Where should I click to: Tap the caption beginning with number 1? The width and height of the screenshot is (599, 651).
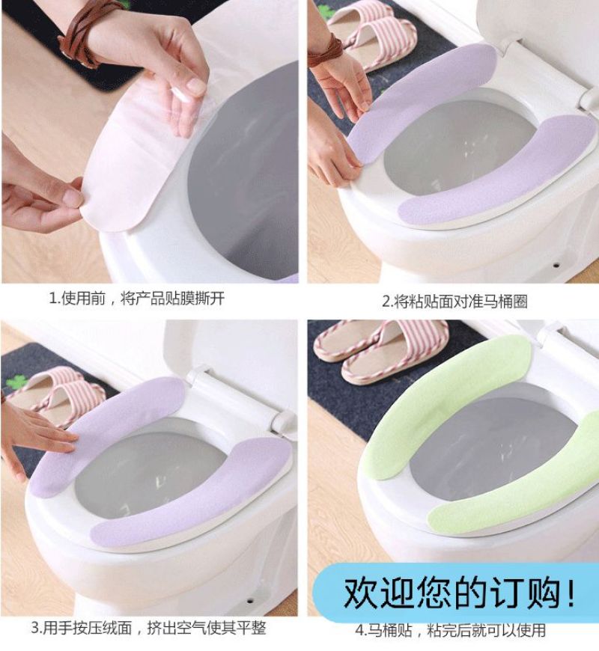(x=137, y=298)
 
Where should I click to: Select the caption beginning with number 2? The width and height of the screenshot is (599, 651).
(x=454, y=302)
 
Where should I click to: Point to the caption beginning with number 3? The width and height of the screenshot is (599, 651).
(x=148, y=628)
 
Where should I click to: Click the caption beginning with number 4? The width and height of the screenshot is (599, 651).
(x=450, y=630)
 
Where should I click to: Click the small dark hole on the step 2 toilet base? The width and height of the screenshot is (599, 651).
(x=556, y=265)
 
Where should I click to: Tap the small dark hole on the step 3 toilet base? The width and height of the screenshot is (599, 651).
(x=249, y=601)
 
